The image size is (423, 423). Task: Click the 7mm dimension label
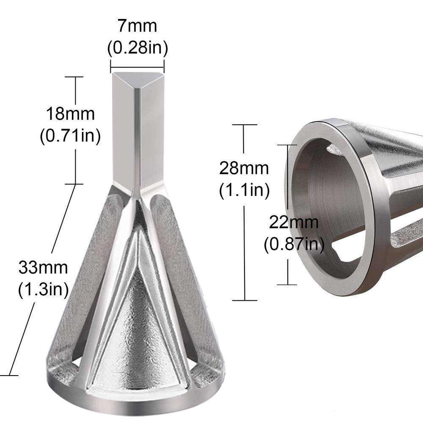pos(137,26)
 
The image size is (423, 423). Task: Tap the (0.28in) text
pos(137,48)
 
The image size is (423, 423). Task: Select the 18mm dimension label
pos(70,114)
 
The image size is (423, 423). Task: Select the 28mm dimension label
pos(244,168)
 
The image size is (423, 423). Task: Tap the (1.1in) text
pos(244,190)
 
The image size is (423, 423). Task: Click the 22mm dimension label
pos(294,222)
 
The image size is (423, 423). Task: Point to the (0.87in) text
pos(294,244)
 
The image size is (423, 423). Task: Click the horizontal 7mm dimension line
pos(137,66)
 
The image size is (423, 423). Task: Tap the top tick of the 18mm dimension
pos(76,77)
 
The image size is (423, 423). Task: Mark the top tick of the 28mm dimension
pos(244,125)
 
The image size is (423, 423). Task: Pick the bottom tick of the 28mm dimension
pos(244,300)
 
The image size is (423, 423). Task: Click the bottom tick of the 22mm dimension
pos(288,284)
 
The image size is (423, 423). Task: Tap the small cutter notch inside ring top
pos(334,149)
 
